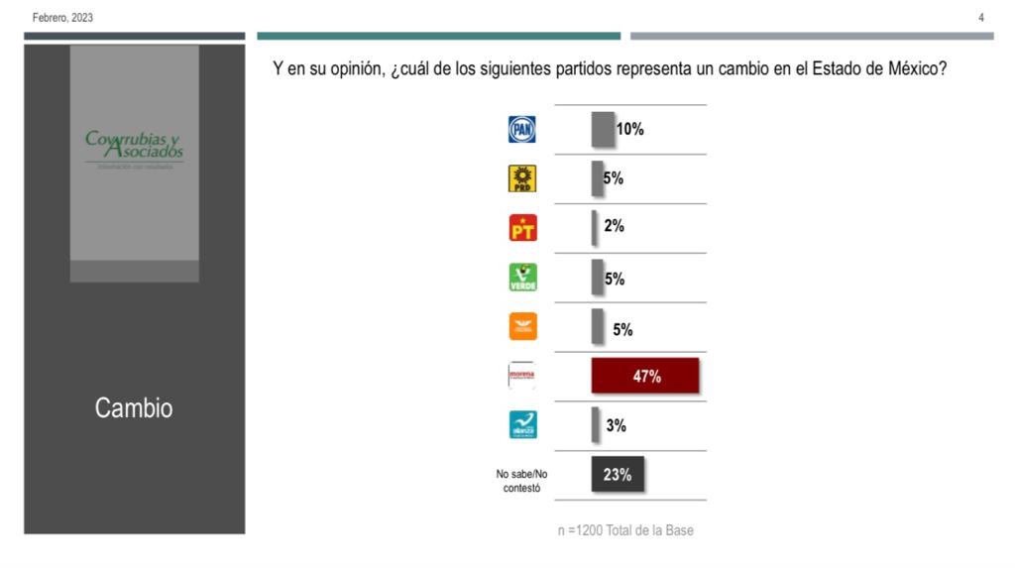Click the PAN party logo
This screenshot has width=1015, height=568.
[x=521, y=129]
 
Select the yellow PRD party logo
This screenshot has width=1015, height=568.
[x=521, y=178]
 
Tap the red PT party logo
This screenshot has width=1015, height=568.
[x=522, y=228]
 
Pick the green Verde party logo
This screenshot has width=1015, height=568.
[x=522, y=278]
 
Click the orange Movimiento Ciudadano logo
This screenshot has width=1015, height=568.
[x=522, y=327]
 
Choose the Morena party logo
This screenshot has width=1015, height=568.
[x=521, y=375]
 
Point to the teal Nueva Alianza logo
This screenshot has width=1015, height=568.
[x=522, y=425]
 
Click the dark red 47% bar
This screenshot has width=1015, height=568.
[x=645, y=376]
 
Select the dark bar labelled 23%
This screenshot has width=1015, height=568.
[x=618, y=475]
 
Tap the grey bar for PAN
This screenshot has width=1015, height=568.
[x=602, y=129]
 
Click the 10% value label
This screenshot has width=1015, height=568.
[x=630, y=129]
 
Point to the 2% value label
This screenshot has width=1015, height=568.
[x=614, y=226]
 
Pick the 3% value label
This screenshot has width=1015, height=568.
[x=616, y=426]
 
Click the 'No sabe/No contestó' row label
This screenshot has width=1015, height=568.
[x=521, y=481]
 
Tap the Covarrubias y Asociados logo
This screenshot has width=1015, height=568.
[x=134, y=148]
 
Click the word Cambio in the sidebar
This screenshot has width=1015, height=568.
[x=134, y=407]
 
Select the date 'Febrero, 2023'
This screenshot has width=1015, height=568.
[x=62, y=18]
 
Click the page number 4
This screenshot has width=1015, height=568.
[x=981, y=18]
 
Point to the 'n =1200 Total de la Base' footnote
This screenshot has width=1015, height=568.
[x=625, y=530]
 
